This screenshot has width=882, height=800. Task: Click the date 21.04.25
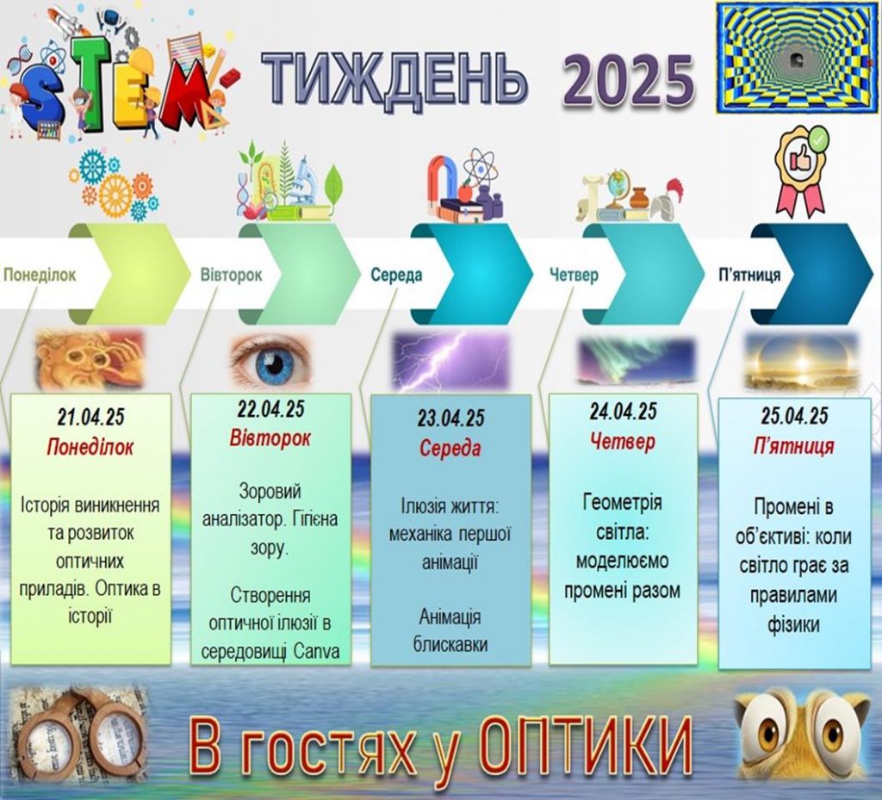click(90, 417)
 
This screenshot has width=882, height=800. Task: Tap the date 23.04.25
click(450, 419)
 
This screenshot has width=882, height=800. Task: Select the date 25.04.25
click(794, 416)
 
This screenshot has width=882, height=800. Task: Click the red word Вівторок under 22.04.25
click(270, 438)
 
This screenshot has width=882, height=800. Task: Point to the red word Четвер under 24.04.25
click(624, 441)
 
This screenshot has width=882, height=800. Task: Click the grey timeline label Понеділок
click(40, 275)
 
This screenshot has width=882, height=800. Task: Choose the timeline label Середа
click(396, 275)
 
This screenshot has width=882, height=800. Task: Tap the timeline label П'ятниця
click(750, 275)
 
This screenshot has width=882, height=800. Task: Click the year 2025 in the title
click(628, 81)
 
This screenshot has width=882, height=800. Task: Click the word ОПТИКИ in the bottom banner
click(587, 746)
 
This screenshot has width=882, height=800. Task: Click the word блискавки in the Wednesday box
click(450, 644)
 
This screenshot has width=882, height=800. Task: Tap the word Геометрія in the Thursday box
click(623, 501)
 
